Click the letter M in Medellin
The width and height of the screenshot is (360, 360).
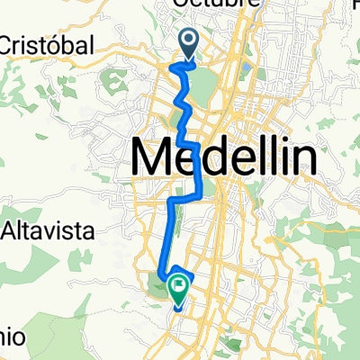coord(154,158)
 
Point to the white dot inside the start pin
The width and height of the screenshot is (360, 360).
coord(190,39)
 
